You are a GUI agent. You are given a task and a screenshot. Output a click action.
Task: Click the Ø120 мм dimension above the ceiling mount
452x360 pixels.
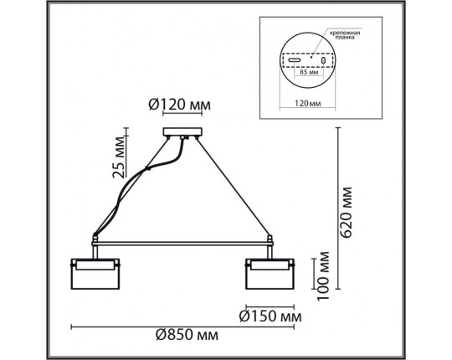pyautogui.click(x=178, y=105)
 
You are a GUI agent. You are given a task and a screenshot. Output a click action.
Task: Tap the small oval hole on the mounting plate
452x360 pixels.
pyautogui.click(x=321, y=60)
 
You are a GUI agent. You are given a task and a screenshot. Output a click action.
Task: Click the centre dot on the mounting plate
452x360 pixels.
pyautogui.click(x=310, y=59)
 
